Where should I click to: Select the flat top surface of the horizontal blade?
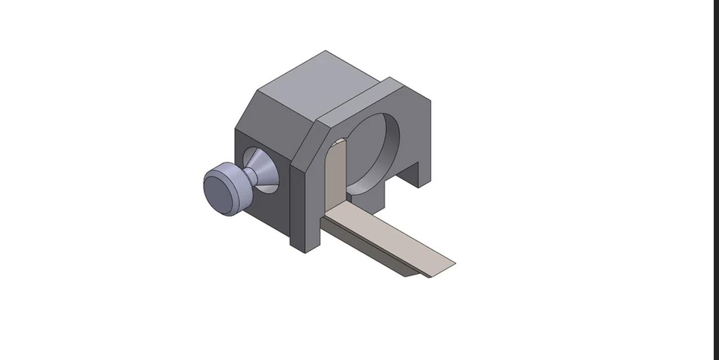pos(388,236)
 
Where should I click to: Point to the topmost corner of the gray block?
pos(325,51)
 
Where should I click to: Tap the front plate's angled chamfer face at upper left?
pos(303,140)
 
